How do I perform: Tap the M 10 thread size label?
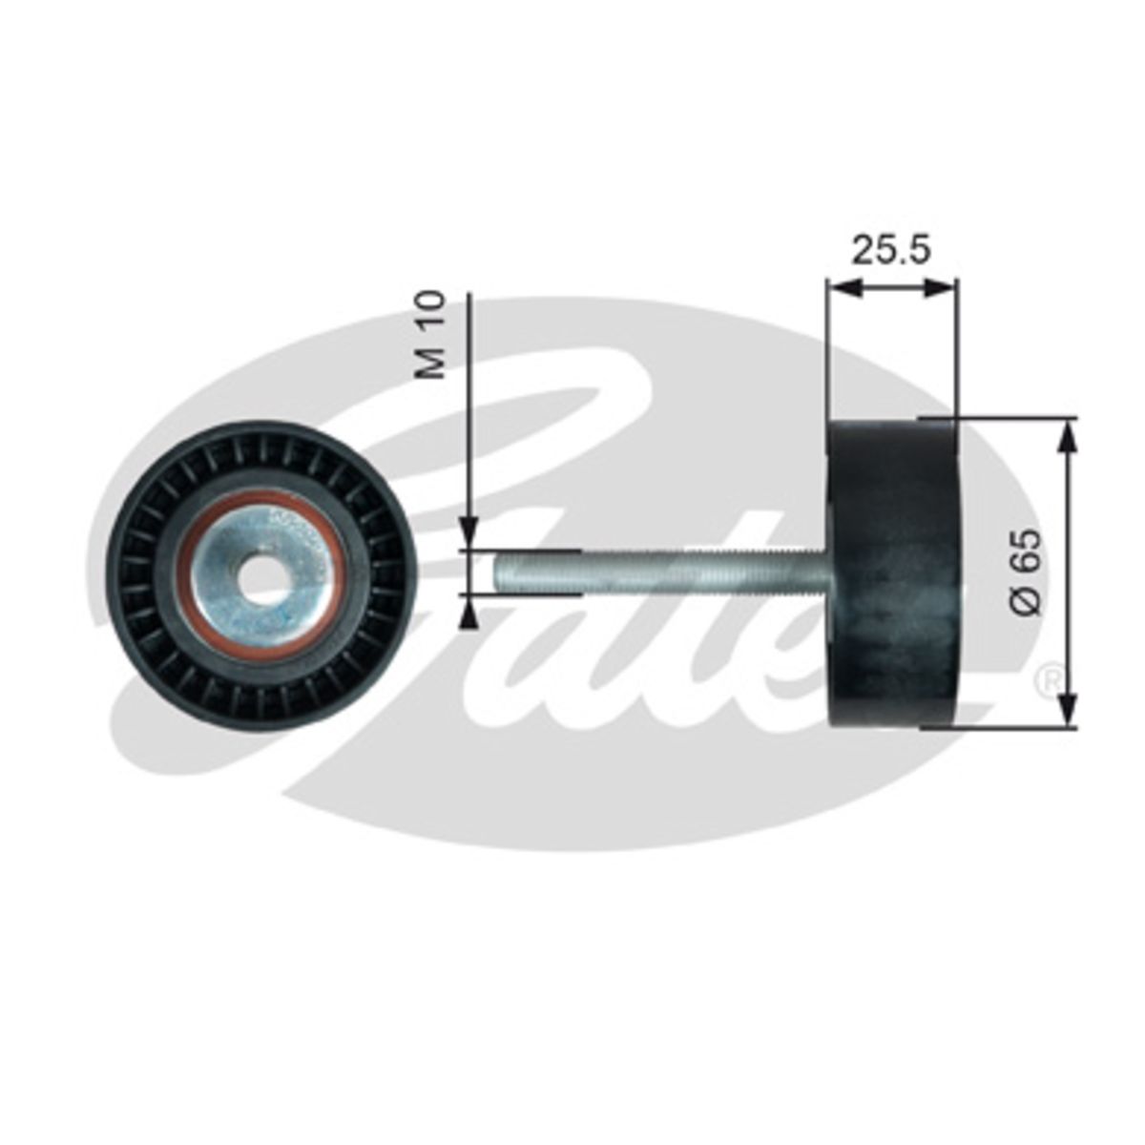point(430,335)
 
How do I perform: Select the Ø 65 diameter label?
point(1026,572)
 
